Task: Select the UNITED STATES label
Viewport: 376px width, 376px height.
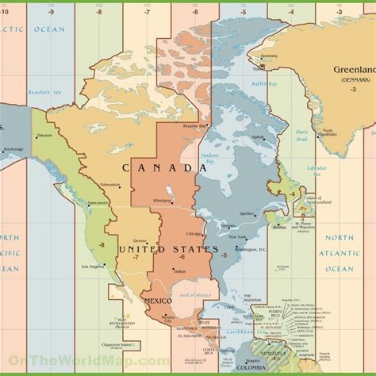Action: tap(168, 250)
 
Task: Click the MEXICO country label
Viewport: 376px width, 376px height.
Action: tap(157, 301)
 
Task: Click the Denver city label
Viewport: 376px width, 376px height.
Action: tap(140, 240)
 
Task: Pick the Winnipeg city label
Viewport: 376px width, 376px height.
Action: tap(162, 200)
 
